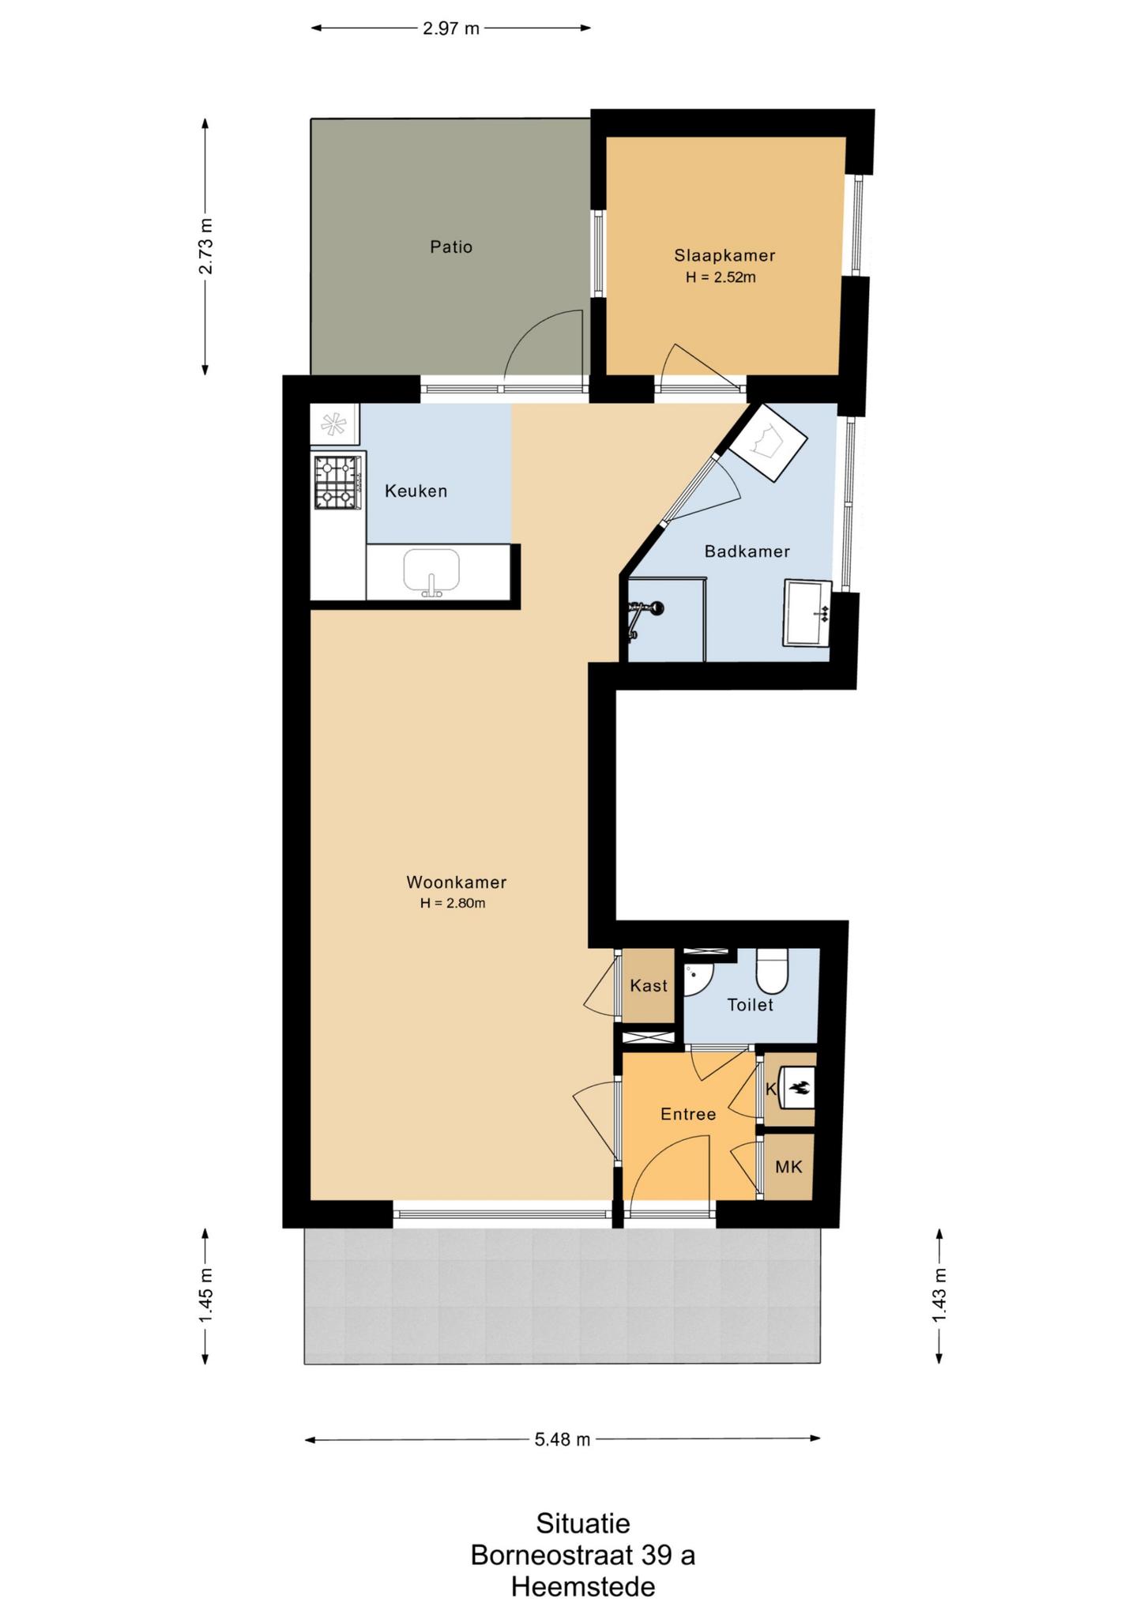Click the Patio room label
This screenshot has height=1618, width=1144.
coord(451,247)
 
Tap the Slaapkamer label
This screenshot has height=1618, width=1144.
coord(724,256)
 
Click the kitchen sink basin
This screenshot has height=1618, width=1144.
coord(431,570)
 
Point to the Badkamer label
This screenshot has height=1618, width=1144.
coord(747,551)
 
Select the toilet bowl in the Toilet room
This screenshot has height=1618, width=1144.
coord(772,972)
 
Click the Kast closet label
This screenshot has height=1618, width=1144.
coord(649,986)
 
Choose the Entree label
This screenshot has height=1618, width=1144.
coord(688,1114)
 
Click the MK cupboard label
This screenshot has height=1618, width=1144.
coord(788,1167)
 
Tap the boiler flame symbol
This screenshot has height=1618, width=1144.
coord(799,1088)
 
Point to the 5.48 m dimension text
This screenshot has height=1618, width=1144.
coord(563,1439)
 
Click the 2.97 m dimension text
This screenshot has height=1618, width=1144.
coord(451,28)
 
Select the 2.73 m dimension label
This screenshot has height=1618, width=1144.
coord(205,246)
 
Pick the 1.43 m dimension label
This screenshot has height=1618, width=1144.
coord(939,1296)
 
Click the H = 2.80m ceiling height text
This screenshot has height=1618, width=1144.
coord(453,903)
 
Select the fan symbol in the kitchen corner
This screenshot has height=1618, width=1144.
coord(334,425)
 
